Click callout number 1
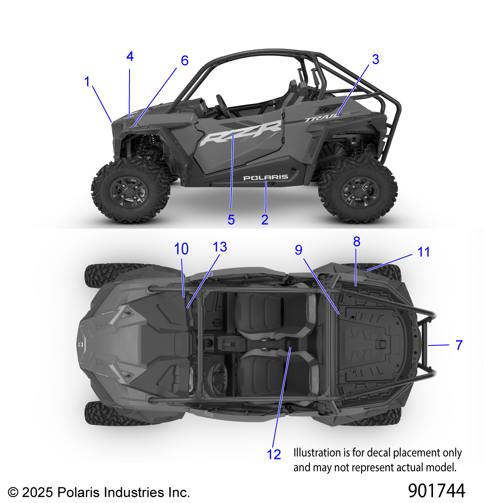coord(87,82)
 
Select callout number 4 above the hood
coord(130,57)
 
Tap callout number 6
coord(184,61)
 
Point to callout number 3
coord(375,60)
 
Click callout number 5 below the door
coord(231,220)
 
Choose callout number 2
coord(264,220)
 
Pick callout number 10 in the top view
coord(181,249)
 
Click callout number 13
coord(220,246)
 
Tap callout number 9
coord(298,250)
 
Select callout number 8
coord(357,242)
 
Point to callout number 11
coord(423,252)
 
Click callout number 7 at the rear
coord(459,345)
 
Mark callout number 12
coord(274,454)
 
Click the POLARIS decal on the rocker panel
coord(266,178)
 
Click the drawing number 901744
coord(436,490)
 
